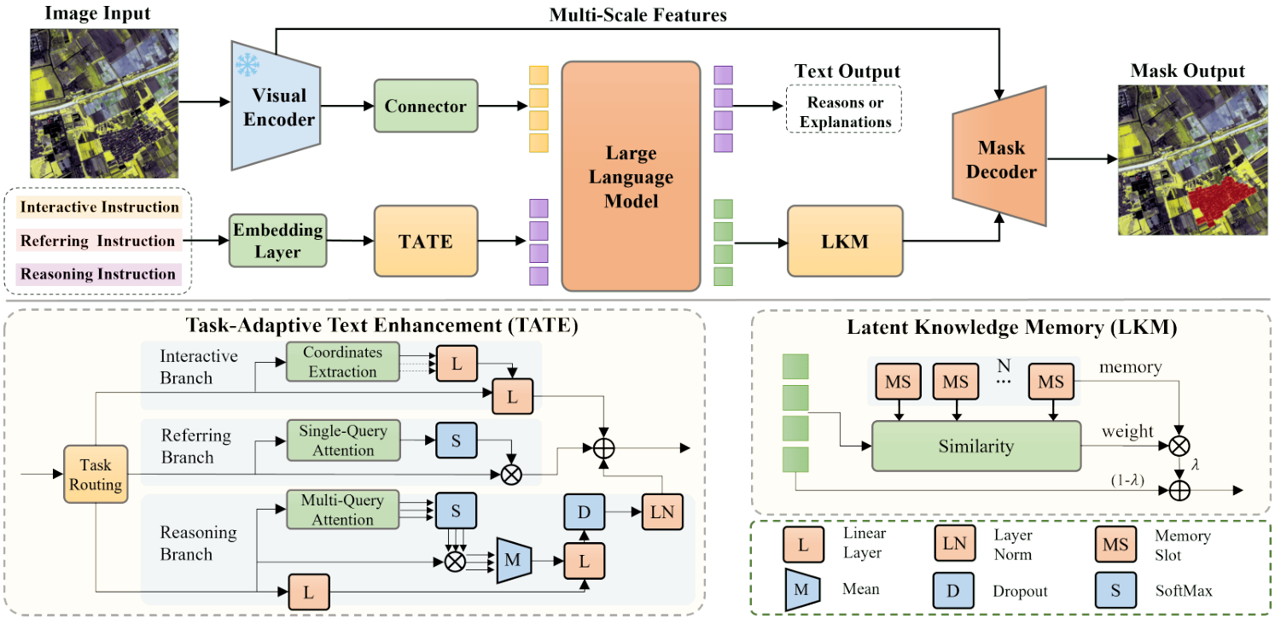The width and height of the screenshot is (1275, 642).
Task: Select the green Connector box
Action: (425, 107)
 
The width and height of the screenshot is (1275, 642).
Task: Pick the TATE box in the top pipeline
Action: (425, 241)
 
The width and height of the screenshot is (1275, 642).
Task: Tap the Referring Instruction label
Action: (96, 241)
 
